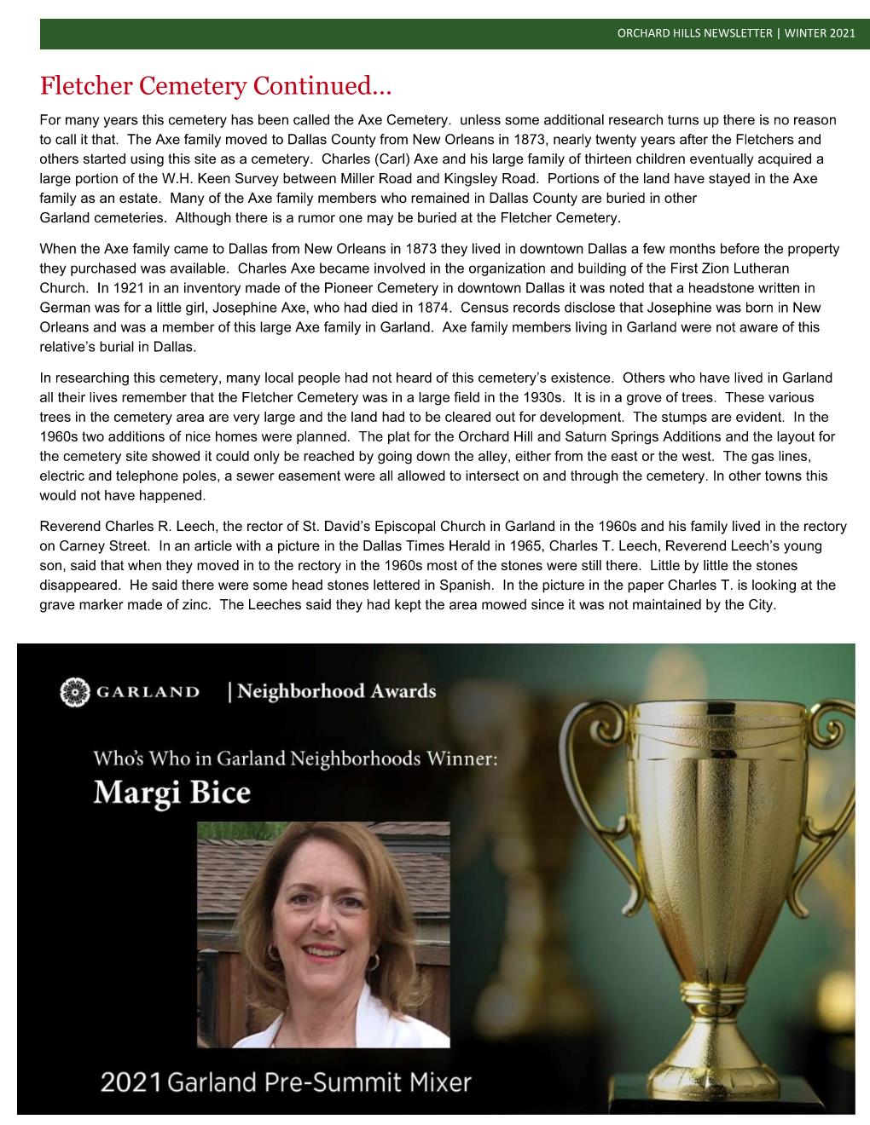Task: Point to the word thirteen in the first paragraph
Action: (584, 159)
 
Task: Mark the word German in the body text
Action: (64, 309)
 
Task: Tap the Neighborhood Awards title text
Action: (335, 691)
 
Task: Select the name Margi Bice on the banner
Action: (172, 793)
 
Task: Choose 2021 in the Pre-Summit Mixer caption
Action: (130, 1083)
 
